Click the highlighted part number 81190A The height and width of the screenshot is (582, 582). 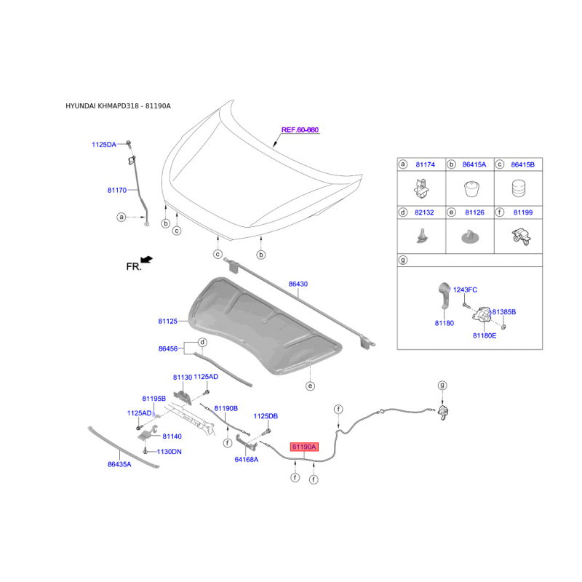[x=304, y=447]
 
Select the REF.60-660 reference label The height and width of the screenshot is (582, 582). [x=300, y=130]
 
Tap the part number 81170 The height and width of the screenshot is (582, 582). [x=118, y=191]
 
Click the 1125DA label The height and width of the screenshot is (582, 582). [x=103, y=145]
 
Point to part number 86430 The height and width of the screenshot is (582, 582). [x=298, y=284]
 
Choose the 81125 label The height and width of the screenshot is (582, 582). [x=168, y=320]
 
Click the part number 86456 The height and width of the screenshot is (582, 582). [x=168, y=349]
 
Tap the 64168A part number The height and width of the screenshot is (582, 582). [x=246, y=460]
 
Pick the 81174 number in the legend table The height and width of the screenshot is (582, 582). [x=425, y=165]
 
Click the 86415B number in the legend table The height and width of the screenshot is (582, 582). [x=522, y=165]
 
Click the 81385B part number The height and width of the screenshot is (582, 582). [x=503, y=311]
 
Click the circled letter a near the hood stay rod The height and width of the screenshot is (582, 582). [x=121, y=217]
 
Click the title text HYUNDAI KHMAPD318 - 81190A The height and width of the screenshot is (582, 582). [x=118, y=106]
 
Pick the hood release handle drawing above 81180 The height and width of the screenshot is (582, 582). [x=443, y=295]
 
